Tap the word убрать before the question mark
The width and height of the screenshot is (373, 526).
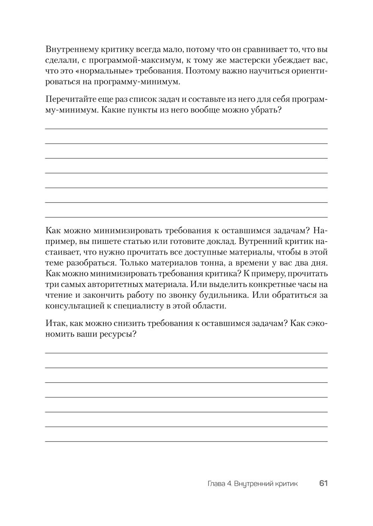[263, 110]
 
